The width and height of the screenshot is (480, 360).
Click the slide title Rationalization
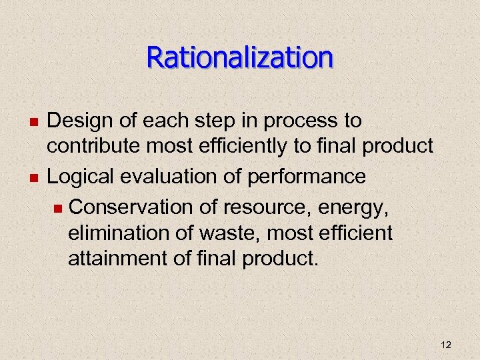tap(239, 57)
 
